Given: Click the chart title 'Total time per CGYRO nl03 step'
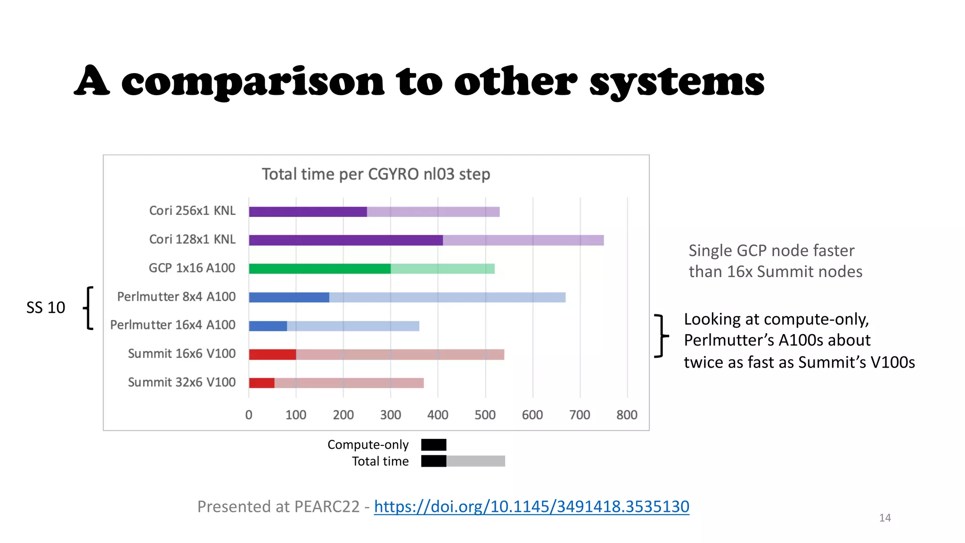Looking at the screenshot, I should (376, 174).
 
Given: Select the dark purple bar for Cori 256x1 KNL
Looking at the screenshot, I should (308, 212).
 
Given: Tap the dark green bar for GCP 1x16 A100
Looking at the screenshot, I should (319, 269).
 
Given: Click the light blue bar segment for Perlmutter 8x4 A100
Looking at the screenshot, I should (447, 297).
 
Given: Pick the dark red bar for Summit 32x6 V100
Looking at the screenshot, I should (262, 383).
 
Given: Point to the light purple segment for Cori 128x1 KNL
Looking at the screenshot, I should (523, 240).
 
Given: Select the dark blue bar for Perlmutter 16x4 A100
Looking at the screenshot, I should (268, 326).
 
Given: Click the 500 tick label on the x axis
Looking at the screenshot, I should (485, 415).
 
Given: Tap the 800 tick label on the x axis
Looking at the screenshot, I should (627, 415).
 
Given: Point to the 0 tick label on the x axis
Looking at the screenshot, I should (249, 415).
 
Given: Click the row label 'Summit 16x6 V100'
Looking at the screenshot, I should (181, 354).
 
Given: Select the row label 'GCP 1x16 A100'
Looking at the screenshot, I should (192, 268).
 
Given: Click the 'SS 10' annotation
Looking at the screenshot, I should (46, 307).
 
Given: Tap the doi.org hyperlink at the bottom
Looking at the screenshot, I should (532, 506).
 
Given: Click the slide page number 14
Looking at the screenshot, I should (884, 518).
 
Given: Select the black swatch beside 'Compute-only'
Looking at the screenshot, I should (433, 444).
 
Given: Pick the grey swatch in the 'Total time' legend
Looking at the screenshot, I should (475, 461).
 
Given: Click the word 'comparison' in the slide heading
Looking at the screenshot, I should (253, 82).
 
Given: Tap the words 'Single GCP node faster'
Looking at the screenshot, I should (771, 250).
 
